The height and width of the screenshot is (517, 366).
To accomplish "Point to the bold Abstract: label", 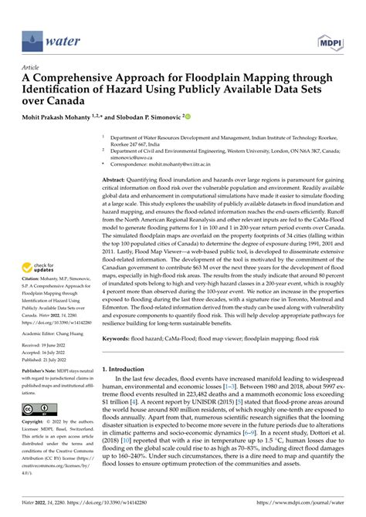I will [x=118, y=177].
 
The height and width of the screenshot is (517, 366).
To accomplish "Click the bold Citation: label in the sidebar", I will [x=32, y=266].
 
